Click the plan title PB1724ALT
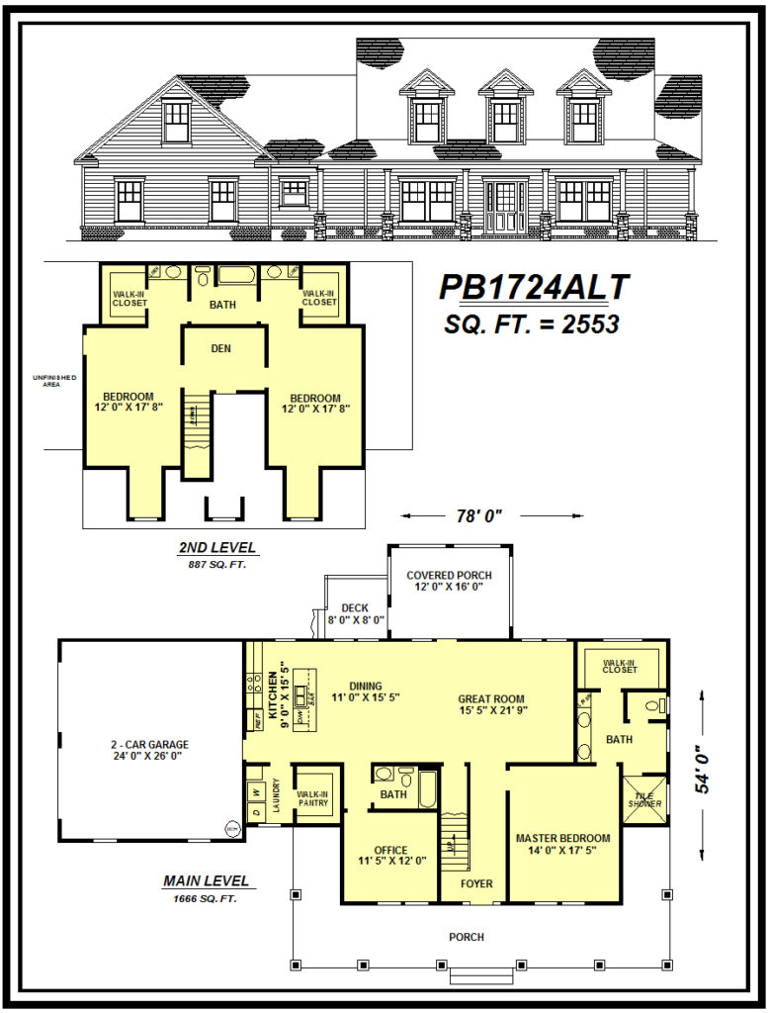tap(534, 287)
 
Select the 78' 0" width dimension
tap(480, 515)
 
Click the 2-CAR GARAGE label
tap(149, 750)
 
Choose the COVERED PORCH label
tap(450, 582)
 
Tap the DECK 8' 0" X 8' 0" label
tap(356, 614)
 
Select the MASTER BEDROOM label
tap(563, 844)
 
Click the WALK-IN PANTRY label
tap(312, 797)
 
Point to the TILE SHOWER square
tap(645, 797)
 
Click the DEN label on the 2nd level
tap(221, 348)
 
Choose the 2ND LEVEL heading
tap(217, 547)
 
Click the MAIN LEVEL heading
tap(206, 880)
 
